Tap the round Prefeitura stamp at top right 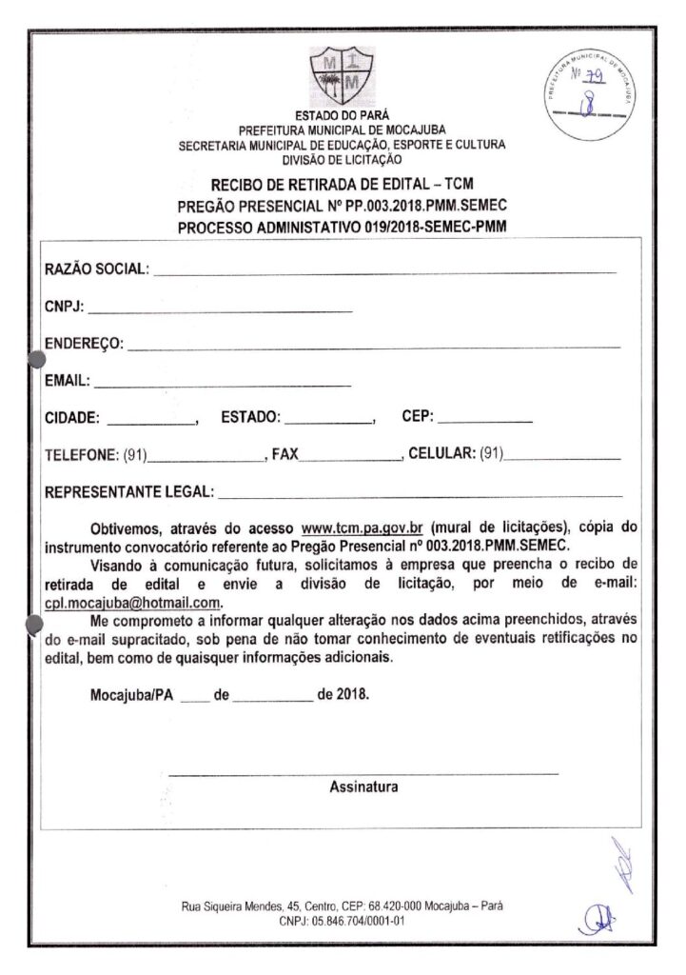coord(595,90)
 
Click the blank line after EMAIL coord(223,382)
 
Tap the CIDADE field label coord(74,417)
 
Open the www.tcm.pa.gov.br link coord(362,527)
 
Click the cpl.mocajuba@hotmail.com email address coord(132,604)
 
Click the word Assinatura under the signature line coord(363,786)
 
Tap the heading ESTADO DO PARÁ coord(342,115)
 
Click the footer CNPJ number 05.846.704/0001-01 coord(343,922)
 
